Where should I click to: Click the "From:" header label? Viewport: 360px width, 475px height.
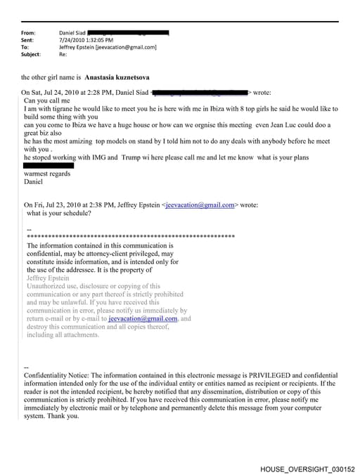tap(29, 33)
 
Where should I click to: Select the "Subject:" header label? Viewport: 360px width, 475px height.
tap(31, 54)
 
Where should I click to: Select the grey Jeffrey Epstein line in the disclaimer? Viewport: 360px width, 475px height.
tap(49, 278)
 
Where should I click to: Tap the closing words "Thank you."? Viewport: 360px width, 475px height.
tap(63, 415)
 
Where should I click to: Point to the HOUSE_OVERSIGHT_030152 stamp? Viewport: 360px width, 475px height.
tap(307, 469)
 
